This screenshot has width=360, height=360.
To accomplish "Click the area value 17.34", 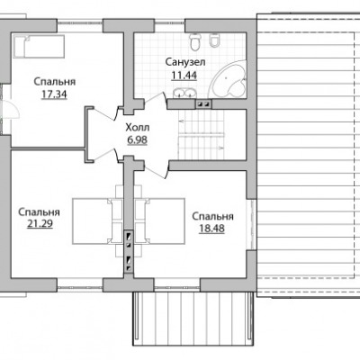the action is pos(54,94).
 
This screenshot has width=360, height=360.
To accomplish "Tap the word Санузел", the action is pos(185,62).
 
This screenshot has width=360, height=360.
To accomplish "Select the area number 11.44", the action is pos(184,75).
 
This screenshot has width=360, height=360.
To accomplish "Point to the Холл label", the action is pos(138,128).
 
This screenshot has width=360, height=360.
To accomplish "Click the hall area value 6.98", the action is pos(138,140).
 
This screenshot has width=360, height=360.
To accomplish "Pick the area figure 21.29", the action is pos(40,224).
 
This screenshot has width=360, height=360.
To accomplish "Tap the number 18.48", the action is pos(211,229).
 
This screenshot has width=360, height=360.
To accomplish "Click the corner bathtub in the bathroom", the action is pos(229,80).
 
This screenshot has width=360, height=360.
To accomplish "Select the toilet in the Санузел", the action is pos(195,41).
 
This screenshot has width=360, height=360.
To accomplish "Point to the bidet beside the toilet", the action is pos(214,40).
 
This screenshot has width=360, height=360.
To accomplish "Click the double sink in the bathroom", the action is pos(184,93).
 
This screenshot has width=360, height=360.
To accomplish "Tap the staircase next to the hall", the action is pos(202,135).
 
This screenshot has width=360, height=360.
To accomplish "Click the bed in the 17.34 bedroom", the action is pos(39,47).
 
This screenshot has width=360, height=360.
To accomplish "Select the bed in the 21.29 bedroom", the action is pos(97,220).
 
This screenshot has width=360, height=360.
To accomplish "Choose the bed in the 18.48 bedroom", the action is pos(159,220).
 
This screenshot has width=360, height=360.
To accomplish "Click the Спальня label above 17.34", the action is pos(54,82).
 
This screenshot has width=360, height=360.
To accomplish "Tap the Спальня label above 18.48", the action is pos(212,216).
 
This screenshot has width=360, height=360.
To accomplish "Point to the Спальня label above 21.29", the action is pos(39,212).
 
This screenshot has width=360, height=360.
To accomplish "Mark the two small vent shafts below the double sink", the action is pos(203,104).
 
